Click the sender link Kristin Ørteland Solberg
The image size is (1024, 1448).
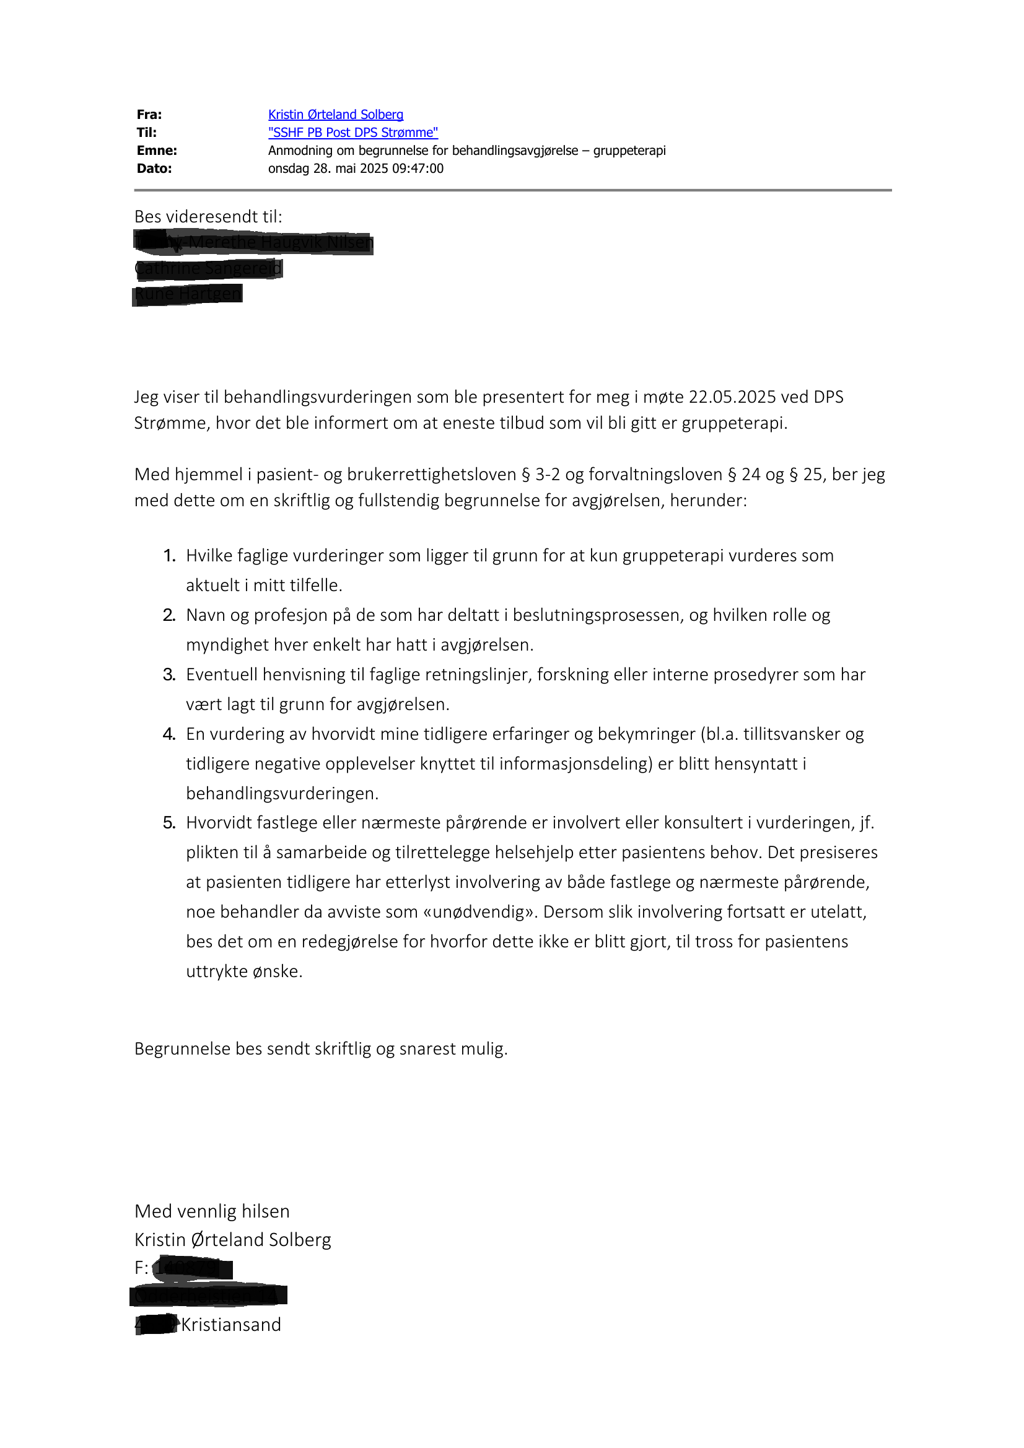[x=336, y=115]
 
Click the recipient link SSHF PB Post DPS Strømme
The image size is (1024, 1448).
[x=353, y=133]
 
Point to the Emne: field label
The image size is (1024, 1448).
[x=156, y=151]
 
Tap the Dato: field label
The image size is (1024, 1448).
[x=154, y=169]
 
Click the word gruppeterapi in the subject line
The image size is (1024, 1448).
[x=629, y=151]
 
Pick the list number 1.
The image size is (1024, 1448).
[x=169, y=556]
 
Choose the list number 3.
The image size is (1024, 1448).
[x=169, y=675]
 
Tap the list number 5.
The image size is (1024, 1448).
[x=169, y=823]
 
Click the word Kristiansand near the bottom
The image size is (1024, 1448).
[x=231, y=1325]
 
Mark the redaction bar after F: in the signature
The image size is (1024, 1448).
[x=192, y=1269]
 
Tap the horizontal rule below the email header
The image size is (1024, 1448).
[x=513, y=190]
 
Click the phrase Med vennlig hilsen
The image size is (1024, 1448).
[x=212, y=1211]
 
